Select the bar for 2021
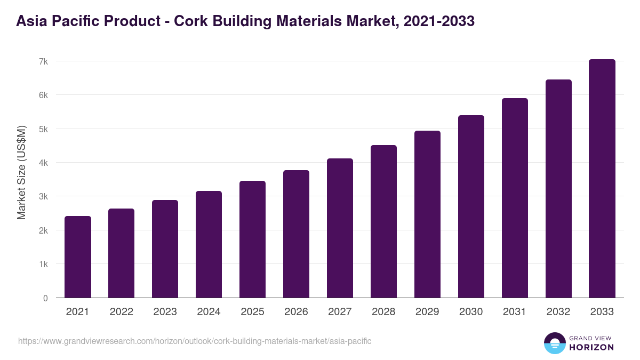(78, 257)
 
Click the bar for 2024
(209, 244)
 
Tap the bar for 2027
(340, 228)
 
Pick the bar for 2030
(471, 206)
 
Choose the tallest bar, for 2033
(602, 179)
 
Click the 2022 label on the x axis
(121, 312)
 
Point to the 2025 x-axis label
(252, 312)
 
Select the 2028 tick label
(383, 312)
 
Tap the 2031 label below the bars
(515, 312)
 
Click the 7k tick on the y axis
(43, 61)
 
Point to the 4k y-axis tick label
(43, 163)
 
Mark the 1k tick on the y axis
(43, 264)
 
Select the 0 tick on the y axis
(45, 298)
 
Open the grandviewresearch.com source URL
(195, 341)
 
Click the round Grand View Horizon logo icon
(554, 343)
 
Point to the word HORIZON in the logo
(591, 347)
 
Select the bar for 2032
(558, 189)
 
